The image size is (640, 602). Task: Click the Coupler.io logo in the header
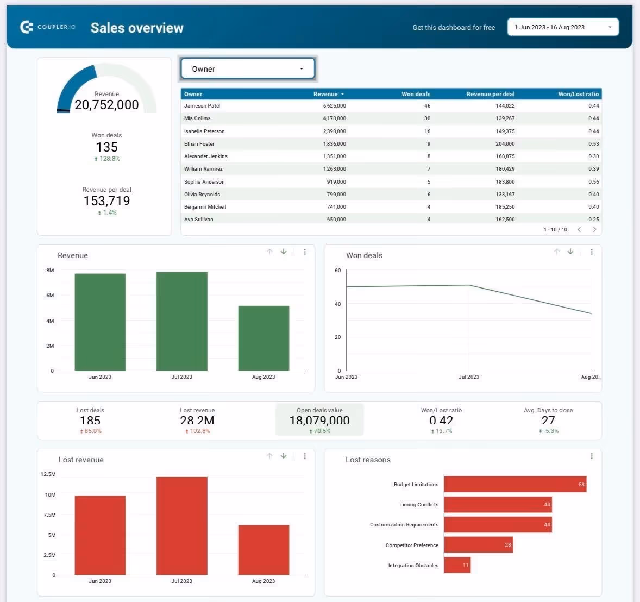tap(47, 27)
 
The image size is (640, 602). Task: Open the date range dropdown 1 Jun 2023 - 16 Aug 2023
tap(562, 27)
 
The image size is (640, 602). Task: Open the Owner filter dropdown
tap(248, 69)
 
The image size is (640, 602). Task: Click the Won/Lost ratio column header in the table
tap(578, 94)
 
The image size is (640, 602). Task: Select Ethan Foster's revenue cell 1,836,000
tap(334, 144)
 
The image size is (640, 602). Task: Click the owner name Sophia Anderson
tap(204, 182)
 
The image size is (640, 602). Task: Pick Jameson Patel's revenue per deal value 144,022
tap(505, 106)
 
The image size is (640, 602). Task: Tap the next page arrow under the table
tap(594, 230)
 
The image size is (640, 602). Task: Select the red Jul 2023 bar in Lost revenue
tap(181, 525)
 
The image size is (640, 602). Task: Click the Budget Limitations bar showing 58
tap(514, 484)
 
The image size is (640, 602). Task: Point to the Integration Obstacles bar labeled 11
tap(457, 565)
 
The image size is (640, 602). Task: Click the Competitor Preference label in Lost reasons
tap(412, 545)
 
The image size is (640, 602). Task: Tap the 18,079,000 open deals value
tap(319, 421)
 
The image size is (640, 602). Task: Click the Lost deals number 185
tap(90, 421)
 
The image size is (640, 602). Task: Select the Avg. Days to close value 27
tap(548, 421)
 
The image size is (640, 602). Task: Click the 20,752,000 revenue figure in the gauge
tap(106, 105)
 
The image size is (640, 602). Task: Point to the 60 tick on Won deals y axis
tap(338, 270)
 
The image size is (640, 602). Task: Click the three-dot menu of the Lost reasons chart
tap(592, 456)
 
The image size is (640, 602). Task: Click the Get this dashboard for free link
tap(454, 28)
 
